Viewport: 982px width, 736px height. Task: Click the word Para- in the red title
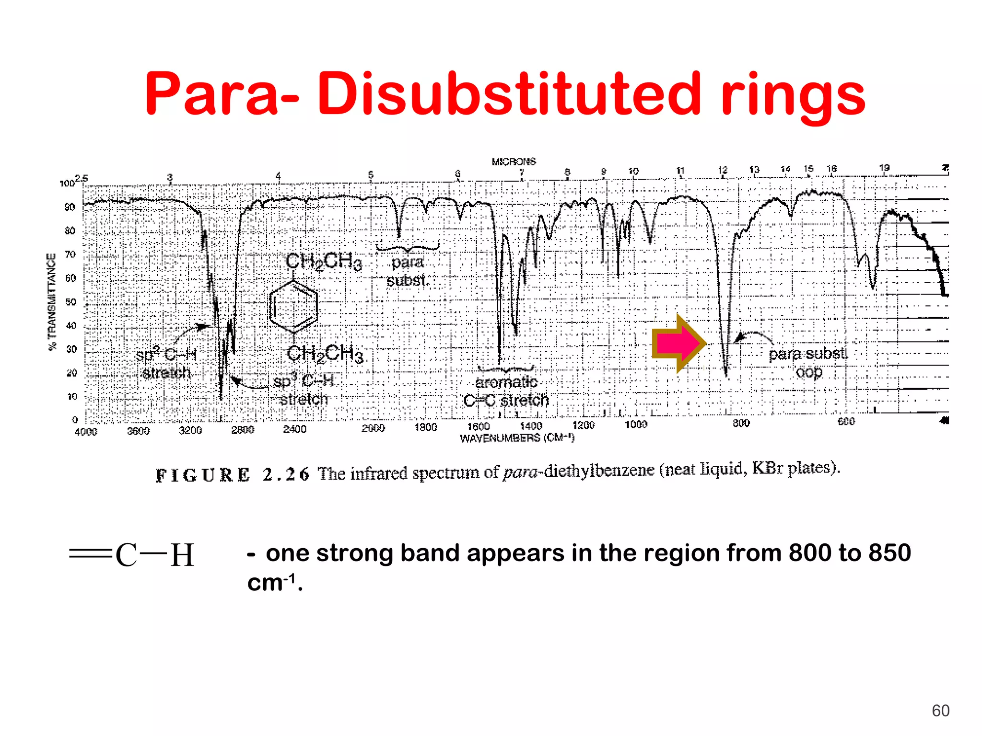point(222,94)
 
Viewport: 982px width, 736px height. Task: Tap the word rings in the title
point(793,96)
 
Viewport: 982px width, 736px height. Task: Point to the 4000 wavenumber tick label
point(86,432)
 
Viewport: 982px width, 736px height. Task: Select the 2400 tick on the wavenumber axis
point(294,429)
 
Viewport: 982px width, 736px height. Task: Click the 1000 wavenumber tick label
point(636,425)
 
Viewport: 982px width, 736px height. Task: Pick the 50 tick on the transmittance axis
point(71,302)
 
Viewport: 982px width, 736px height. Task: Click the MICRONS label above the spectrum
point(514,162)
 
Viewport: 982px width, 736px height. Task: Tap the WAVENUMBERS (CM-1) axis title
point(517,438)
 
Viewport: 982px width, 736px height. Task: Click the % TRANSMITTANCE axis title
point(52,302)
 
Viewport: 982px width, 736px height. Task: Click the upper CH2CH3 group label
point(324,262)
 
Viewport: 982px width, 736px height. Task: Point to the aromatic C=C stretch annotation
point(506,391)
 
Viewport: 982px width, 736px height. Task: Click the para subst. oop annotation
point(808,363)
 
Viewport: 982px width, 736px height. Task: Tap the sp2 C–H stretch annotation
point(166,364)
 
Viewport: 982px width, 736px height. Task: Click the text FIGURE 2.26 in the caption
point(232,475)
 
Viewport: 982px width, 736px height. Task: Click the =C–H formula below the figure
point(132,555)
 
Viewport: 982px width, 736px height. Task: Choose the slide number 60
point(940,711)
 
